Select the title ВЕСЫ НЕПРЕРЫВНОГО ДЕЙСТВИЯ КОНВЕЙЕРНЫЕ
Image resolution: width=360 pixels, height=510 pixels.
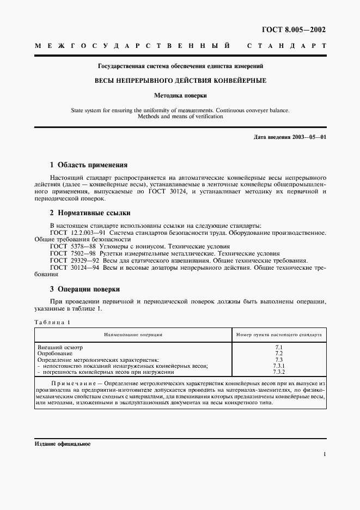[x=180, y=80]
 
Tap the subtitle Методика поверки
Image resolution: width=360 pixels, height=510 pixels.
[x=180, y=94]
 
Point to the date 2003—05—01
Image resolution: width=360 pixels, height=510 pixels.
[x=308, y=137]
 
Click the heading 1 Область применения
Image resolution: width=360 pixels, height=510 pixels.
[x=89, y=165]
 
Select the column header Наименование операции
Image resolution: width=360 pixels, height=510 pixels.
[x=133, y=335]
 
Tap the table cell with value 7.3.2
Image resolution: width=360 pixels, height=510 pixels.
[x=279, y=372]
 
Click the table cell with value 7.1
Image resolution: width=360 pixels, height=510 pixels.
[x=279, y=347]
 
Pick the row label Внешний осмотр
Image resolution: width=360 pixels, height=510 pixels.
[x=60, y=347]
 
